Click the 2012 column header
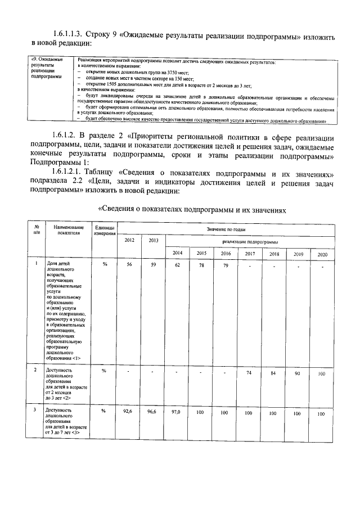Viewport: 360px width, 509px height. pos(128,240)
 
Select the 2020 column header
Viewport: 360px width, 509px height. pos(322,254)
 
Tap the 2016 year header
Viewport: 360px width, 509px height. pos(225,254)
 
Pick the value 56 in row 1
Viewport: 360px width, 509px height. pos(128,263)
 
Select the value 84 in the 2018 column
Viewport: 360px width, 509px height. pos(274,373)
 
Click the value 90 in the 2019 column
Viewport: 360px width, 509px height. pos(298,373)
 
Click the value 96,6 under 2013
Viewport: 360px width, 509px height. pos(151,412)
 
